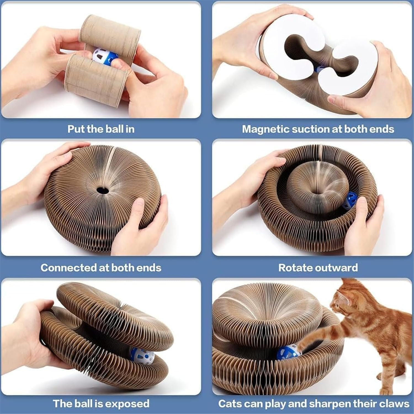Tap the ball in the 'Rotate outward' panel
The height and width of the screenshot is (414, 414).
click(349, 201)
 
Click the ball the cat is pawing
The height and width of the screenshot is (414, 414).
click(288, 352)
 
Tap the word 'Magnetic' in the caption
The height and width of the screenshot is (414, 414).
click(265, 129)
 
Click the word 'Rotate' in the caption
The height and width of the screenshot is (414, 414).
click(295, 267)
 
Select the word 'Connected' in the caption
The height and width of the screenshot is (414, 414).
click(68, 267)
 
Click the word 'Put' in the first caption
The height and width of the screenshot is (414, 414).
click(76, 129)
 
